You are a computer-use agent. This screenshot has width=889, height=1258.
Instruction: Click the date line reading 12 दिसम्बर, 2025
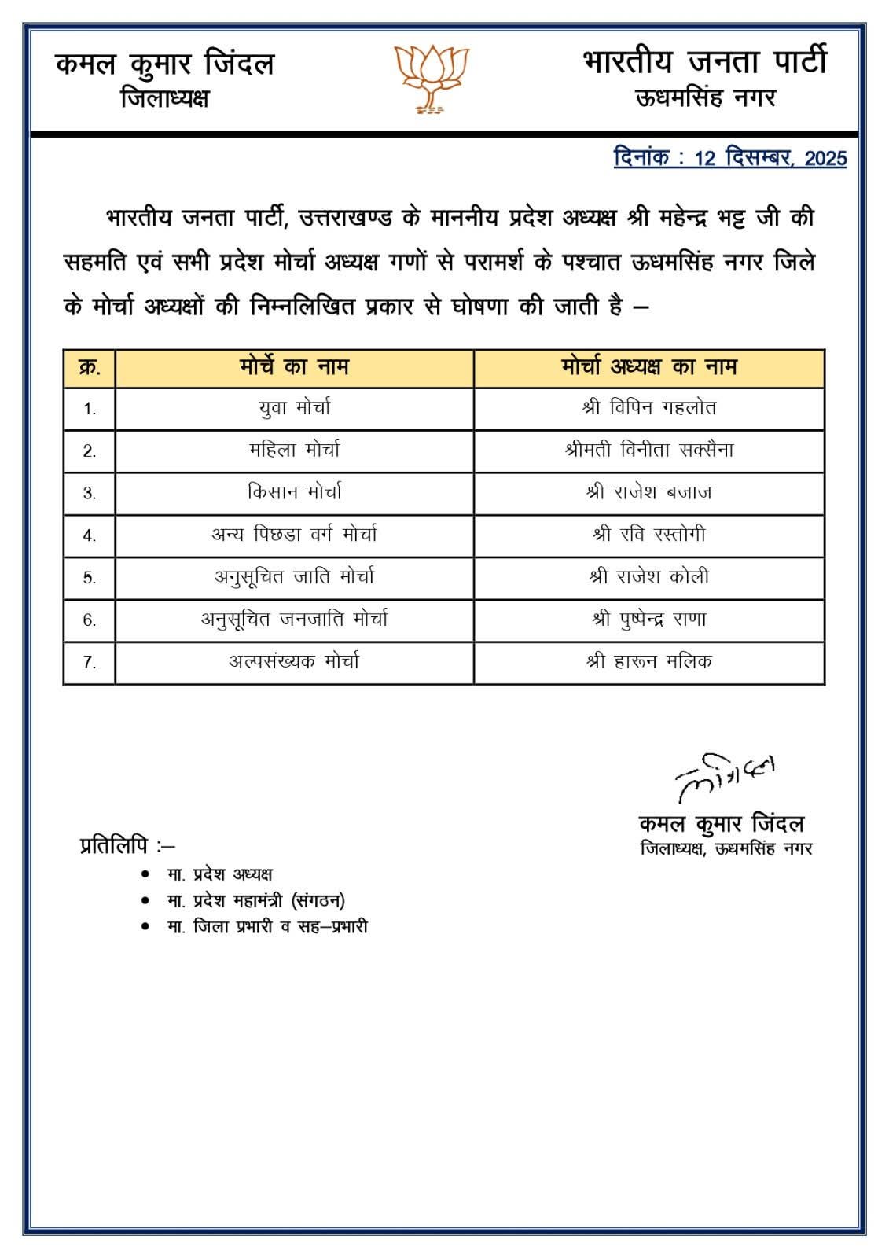[729, 158]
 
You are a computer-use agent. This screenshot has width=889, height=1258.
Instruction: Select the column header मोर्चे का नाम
[294, 367]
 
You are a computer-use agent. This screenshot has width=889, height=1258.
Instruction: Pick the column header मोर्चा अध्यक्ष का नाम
[648, 367]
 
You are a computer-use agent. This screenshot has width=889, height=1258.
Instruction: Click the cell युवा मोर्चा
[294, 408]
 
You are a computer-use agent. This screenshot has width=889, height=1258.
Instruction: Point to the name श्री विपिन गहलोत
[648, 408]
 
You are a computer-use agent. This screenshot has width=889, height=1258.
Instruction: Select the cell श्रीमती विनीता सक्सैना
[648, 451]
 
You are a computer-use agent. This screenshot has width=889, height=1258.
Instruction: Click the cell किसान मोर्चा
[294, 493]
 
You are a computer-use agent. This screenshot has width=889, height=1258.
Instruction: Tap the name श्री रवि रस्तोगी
[648, 535]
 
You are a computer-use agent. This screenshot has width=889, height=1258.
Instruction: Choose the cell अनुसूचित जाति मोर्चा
[294, 578]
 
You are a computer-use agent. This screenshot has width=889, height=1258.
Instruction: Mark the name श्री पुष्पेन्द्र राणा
[648, 620]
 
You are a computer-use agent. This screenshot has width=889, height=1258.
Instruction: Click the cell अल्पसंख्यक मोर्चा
[294, 662]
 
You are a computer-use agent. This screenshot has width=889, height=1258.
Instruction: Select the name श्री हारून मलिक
[648, 662]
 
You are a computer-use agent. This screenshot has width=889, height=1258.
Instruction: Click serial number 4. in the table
[90, 536]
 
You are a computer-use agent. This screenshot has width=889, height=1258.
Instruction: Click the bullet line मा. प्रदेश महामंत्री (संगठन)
[255, 901]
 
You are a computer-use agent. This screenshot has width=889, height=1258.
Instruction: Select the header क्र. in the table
[90, 368]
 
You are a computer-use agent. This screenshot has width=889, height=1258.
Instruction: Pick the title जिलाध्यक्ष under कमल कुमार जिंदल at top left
[164, 99]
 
